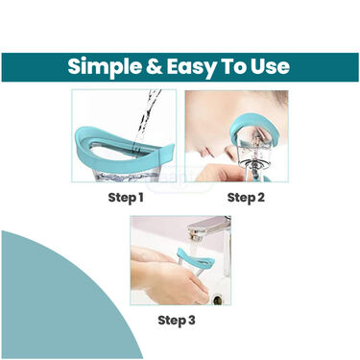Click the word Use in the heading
coord(275,67)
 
